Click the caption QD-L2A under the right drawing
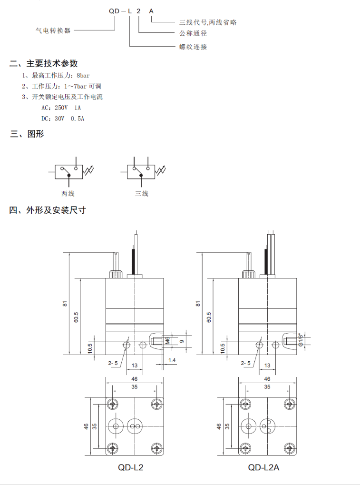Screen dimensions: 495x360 tap(263, 467)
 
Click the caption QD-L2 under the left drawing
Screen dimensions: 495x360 tap(130, 467)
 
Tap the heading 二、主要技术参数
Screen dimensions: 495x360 tap(44, 64)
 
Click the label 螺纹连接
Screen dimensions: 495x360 tap(193, 47)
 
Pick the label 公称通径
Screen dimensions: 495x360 tap(193, 34)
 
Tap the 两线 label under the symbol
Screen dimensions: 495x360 tap(68, 194)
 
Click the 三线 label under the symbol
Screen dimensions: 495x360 tap(142, 194)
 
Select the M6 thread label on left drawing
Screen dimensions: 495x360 tap(167, 341)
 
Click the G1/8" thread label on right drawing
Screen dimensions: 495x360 tap(301, 340)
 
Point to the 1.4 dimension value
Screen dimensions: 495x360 tap(171, 361)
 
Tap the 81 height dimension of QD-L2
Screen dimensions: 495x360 tap(65, 303)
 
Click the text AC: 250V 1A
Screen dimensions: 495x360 tap(61, 108)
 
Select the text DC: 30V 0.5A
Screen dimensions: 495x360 tap(63, 119)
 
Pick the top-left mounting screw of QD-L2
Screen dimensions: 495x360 tap(113, 404)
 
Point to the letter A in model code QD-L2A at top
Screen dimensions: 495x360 tap(151, 10)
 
